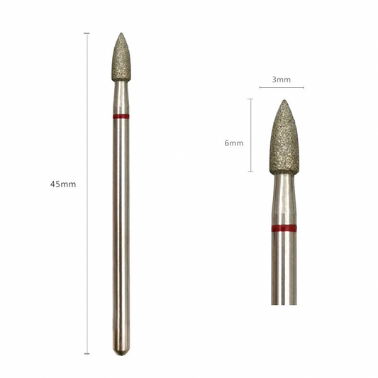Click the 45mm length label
tap(63, 184)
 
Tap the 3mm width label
tap(282, 79)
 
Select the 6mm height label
tap(234, 143)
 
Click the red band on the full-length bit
tap(121, 117)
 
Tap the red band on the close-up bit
tap(284, 228)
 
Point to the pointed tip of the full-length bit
tap(121, 33)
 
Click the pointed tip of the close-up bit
tap(284, 100)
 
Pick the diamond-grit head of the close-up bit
tap(284, 137)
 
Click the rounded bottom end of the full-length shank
tap(121, 352)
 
